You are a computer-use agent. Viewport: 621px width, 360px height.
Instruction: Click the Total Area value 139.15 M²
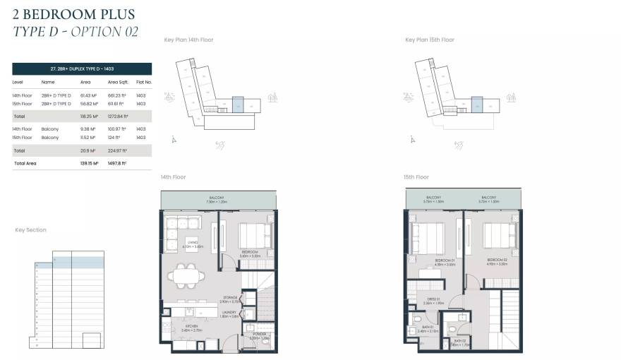[87, 163]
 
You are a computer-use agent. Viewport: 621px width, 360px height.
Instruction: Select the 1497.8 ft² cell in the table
[117, 163]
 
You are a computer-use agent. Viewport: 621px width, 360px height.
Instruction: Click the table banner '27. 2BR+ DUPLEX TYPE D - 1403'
[82, 68]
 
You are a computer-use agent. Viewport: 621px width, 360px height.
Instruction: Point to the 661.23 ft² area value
[116, 95]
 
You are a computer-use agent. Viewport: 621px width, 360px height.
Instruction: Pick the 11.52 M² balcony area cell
[86, 138]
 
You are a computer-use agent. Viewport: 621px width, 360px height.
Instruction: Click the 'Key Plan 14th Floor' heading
[188, 40]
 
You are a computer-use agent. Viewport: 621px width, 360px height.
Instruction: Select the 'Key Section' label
[31, 230]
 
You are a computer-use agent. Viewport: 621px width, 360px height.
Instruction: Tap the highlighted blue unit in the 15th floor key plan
[477, 105]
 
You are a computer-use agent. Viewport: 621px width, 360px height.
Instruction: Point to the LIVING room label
[193, 244]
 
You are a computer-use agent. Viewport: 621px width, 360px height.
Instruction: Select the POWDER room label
[259, 335]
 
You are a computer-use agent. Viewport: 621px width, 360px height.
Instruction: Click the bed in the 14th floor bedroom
[254, 234]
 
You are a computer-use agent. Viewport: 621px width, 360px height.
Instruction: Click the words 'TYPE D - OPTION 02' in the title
[76, 31]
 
